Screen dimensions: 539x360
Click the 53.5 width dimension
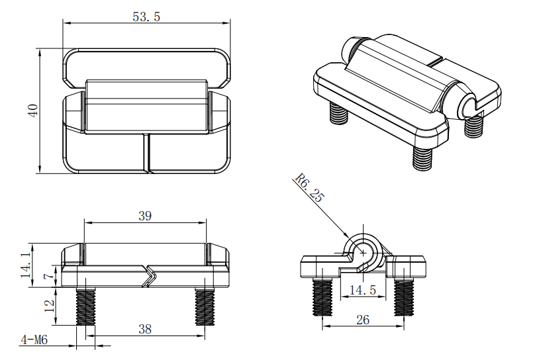146,17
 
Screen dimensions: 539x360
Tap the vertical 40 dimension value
33,111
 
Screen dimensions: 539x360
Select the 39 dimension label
145,216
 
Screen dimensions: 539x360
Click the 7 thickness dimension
50,275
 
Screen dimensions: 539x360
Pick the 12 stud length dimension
50,306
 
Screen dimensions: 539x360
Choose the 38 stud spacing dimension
145,329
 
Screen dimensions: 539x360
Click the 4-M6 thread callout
34,340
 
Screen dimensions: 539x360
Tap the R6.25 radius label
309,187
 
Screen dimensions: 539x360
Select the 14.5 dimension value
363,291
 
